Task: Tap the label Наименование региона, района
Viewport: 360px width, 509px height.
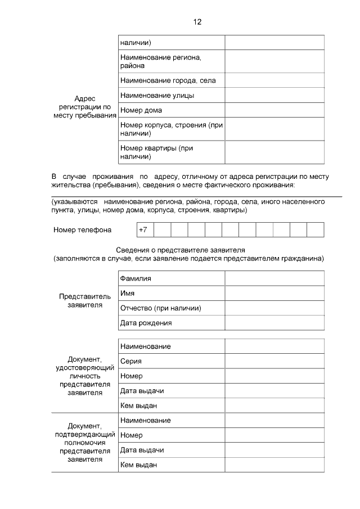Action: point(161,61)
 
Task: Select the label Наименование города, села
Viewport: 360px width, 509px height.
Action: point(168,80)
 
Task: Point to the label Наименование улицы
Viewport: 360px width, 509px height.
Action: point(157,95)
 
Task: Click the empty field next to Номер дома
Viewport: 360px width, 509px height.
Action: point(274,110)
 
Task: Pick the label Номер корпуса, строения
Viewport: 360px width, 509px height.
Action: point(172,129)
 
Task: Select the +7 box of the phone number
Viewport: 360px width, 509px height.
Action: point(144,229)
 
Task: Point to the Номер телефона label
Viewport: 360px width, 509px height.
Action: point(83,230)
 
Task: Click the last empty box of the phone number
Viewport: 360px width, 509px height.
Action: point(316,229)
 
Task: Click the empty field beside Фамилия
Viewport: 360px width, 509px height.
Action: point(274,278)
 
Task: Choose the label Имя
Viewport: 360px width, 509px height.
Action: point(127,293)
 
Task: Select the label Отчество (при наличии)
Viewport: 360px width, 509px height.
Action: point(160,308)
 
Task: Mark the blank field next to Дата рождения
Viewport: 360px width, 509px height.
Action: point(274,323)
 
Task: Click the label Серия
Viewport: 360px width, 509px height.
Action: point(130,361)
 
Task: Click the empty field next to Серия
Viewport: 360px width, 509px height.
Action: point(274,361)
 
